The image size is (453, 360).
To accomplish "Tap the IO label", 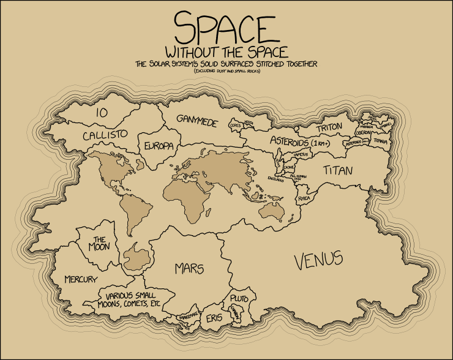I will [103, 113].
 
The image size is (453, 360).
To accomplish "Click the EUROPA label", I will [159, 146].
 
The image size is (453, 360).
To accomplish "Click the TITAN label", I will [338, 170].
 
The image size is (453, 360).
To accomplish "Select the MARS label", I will [189, 269].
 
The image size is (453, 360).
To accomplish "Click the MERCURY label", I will [80, 279].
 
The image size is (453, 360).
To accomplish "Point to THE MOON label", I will [100, 244].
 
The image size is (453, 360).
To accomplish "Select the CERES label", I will [234, 125].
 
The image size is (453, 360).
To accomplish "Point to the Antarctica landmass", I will [135, 257].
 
